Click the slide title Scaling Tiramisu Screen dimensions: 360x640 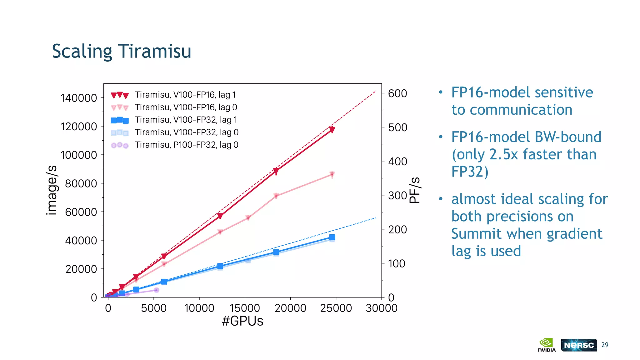tap(122, 52)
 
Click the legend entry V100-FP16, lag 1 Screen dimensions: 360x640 tap(185, 95)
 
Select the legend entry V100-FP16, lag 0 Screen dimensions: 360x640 tap(186, 107)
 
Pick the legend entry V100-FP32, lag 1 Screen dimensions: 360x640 tap(186, 120)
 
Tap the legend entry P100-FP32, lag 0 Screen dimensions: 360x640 tap(186, 145)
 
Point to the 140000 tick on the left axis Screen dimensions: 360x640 tap(79, 98)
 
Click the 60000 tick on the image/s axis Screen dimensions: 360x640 tap(81, 212)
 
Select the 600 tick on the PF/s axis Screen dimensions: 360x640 tap(397, 93)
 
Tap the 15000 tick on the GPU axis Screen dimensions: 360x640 tap(245, 308)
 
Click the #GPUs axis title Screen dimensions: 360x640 tap(242, 321)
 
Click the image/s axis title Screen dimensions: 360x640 tap(52, 190)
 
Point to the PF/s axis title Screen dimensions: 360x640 tap(415, 190)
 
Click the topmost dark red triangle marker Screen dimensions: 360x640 tap(332, 129)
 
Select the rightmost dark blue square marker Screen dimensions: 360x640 tap(332, 237)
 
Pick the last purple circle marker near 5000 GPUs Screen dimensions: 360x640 tap(157, 290)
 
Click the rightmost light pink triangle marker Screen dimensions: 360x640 tap(332, 174)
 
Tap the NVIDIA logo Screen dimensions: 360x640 tap(547, 345)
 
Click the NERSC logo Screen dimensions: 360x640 tap(579, 345)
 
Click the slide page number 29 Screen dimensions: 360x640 tap(605, 345)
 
